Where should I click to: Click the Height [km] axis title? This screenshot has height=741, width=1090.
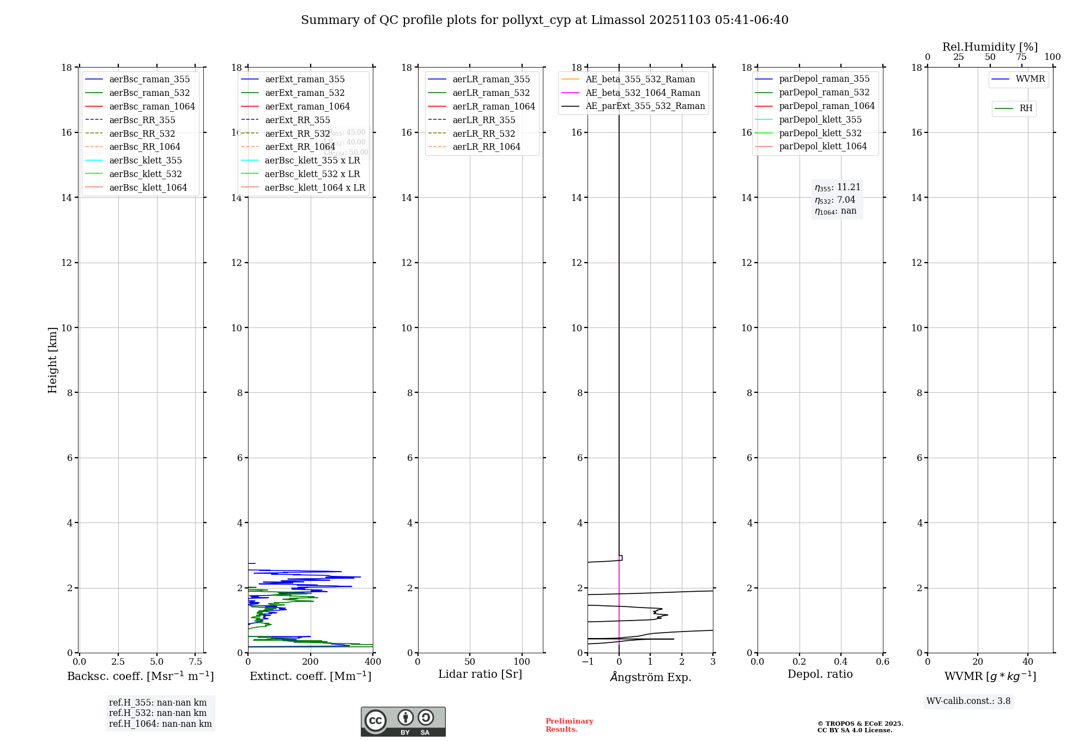tap(52, 360)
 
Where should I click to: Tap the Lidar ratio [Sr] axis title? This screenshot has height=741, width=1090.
tap(480, 675)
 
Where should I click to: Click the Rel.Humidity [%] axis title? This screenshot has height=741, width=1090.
tap(990, 47)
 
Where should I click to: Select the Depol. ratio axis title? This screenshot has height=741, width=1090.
tap(820, 675)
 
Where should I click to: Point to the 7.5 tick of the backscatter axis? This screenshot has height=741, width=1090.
tap(195, 662)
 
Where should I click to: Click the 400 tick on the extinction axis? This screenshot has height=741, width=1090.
tap(373, 662)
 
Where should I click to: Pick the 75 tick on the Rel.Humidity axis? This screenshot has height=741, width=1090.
tap(1021, 57)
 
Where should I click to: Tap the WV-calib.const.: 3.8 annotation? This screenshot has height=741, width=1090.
tap(968, 701)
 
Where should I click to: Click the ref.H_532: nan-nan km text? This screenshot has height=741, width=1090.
tap(158, 713)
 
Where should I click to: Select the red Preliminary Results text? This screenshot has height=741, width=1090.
tap(569, 725)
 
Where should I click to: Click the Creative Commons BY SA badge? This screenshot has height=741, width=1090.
tap(403, 722)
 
